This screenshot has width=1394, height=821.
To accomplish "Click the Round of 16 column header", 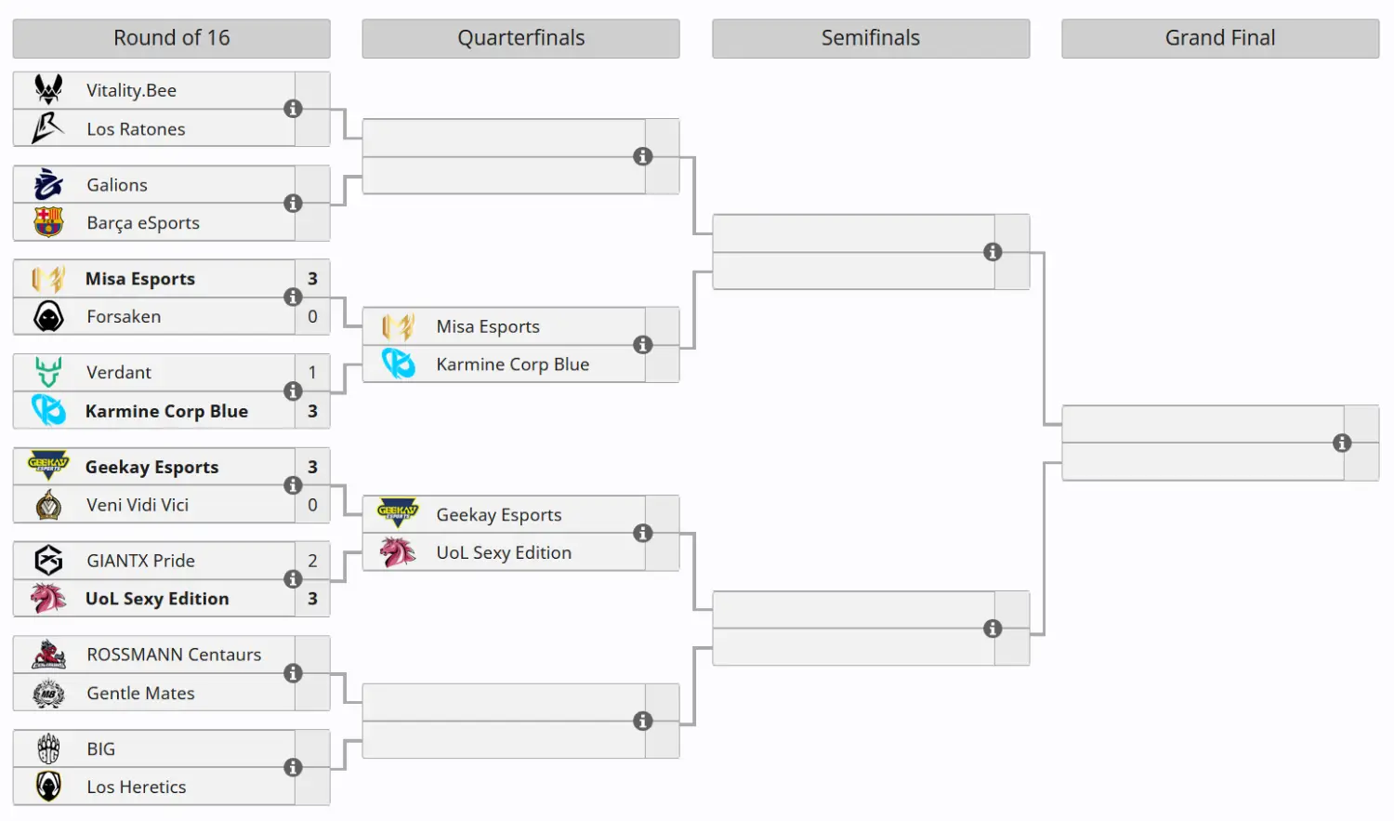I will (x=171, y=38).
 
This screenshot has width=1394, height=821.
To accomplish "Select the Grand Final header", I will (x=1219, y=38).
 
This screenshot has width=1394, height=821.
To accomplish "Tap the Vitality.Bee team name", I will (x=131, y=90).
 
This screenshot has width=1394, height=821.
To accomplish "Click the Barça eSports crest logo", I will (x=48, y=222).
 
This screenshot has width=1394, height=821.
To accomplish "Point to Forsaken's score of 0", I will (x=312, y=316).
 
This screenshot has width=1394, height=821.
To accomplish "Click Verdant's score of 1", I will (x=312, y=372).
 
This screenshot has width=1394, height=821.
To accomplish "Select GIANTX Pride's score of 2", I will (x=312, y=561).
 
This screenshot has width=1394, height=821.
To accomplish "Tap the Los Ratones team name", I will (x=136, y=129).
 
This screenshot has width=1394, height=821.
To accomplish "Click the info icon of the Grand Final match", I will (x=1341, y=443).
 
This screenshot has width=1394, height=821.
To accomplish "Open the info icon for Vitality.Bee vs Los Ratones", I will (x=293, y=109).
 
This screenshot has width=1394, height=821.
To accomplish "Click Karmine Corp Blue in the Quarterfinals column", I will (x=512, y=364).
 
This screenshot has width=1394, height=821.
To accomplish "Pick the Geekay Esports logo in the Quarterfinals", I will (x=398, y=513).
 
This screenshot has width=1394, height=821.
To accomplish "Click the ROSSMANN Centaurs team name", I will (x=174, y=655).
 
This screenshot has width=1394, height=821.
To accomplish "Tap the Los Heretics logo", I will (x=48, y=787).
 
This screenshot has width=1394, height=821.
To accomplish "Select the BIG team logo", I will (x=48, y=748).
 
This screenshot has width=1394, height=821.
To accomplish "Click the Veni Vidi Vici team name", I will (x=138, y=505).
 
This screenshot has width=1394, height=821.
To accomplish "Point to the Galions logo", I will (x=48, y=184).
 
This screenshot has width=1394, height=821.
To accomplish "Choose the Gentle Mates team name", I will (x=140, y=694).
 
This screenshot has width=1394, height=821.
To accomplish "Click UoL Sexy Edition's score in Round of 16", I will (x=312, y=599).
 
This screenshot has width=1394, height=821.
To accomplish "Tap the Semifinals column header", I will (x=870, y=38).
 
